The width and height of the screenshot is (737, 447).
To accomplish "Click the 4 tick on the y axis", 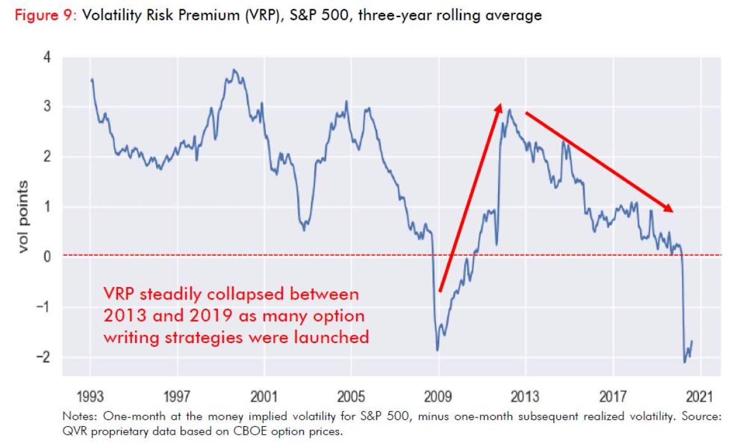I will (48, 57).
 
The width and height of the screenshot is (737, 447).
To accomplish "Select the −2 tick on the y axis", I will (44, 357).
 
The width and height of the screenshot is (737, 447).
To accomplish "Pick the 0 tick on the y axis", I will (48, 256).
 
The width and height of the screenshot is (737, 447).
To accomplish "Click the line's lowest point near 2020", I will (685, 362).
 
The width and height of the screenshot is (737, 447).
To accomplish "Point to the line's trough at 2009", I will (437, 350).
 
